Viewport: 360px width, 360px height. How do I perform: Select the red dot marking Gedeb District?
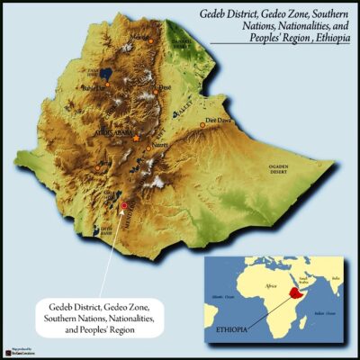coord(123,206)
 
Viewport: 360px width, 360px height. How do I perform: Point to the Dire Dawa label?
coord(220,119)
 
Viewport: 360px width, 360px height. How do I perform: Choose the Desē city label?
coord(165,87)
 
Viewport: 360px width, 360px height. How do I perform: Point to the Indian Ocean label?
coord(327,313)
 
